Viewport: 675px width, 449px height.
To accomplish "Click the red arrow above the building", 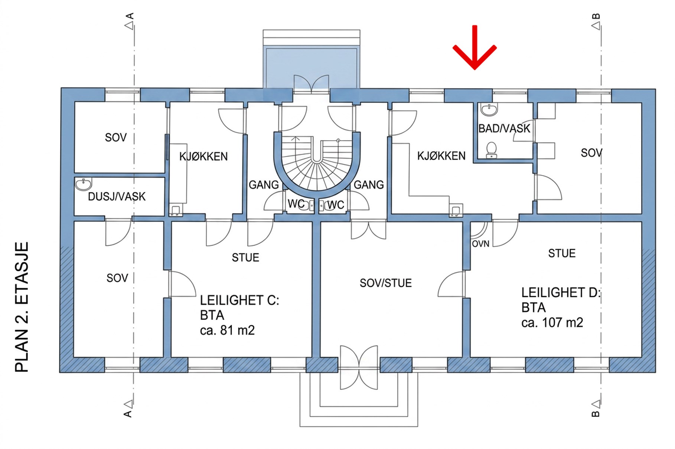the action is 475,47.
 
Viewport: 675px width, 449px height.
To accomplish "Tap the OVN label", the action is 480,244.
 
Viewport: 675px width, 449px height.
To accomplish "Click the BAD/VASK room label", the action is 504,128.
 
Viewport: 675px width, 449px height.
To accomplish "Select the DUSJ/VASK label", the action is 117,196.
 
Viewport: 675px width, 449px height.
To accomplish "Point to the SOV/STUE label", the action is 386,283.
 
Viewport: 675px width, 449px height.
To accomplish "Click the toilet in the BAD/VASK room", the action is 492,150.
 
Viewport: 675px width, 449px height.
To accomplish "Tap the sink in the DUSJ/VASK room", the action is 84,184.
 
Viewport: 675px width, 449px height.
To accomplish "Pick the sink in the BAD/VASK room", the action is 489,110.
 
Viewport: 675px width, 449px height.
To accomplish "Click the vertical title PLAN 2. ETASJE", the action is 22,307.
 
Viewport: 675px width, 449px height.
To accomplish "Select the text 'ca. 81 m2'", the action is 227,330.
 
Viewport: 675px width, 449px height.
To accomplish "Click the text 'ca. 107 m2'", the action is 552,322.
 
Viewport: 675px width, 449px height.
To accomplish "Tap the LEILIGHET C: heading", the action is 239,300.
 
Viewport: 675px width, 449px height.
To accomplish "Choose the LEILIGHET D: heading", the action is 561,292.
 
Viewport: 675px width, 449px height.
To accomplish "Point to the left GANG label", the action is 264,185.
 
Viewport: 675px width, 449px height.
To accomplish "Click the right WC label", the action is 336,205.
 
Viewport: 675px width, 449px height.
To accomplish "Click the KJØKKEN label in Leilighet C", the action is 203,157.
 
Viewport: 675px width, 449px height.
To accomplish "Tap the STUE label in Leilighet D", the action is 562,253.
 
